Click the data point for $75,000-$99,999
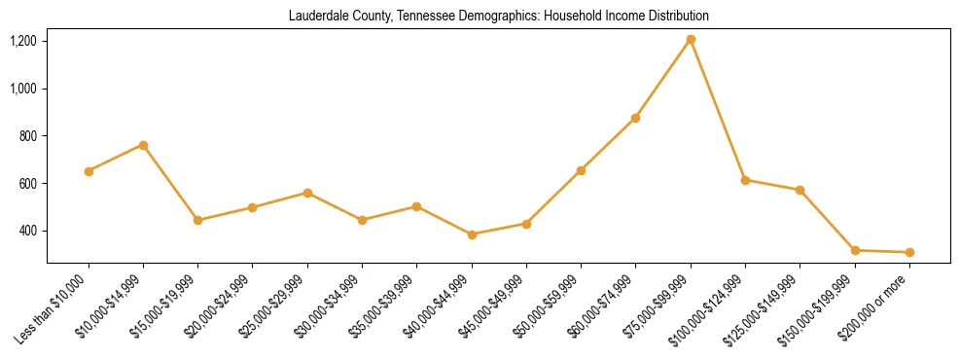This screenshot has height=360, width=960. point(691,40)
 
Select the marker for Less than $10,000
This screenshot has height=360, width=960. point(89,171)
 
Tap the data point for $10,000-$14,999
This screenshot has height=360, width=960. point(143,145)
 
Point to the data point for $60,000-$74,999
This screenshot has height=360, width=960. point(635,118)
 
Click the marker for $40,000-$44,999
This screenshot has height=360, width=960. point(472,234)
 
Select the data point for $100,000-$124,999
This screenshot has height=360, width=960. point(745,180)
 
